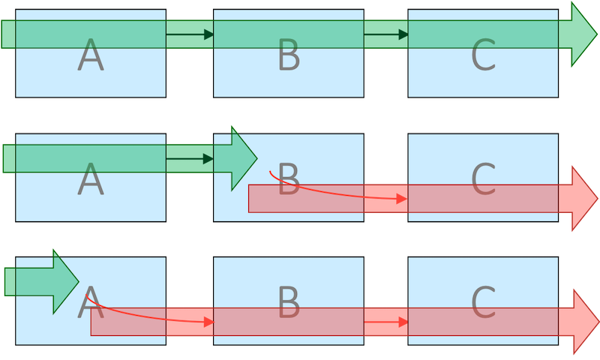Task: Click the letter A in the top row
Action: tap(90, 56)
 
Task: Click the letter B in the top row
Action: tap(289, 56)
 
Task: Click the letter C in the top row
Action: tap(484, 56)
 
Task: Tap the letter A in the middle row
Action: tap(90, 180)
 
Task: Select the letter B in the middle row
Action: tap(289, 180)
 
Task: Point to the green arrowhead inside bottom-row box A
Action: tap(64, 281)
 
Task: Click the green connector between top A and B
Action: tap(189, 34)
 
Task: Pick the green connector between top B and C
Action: tap(385, 34)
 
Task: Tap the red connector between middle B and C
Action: tap(385, 198)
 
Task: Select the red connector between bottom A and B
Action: tap(189, 322)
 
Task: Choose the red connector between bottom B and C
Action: tap(385, 322)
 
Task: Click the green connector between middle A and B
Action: tap(189, 158)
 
